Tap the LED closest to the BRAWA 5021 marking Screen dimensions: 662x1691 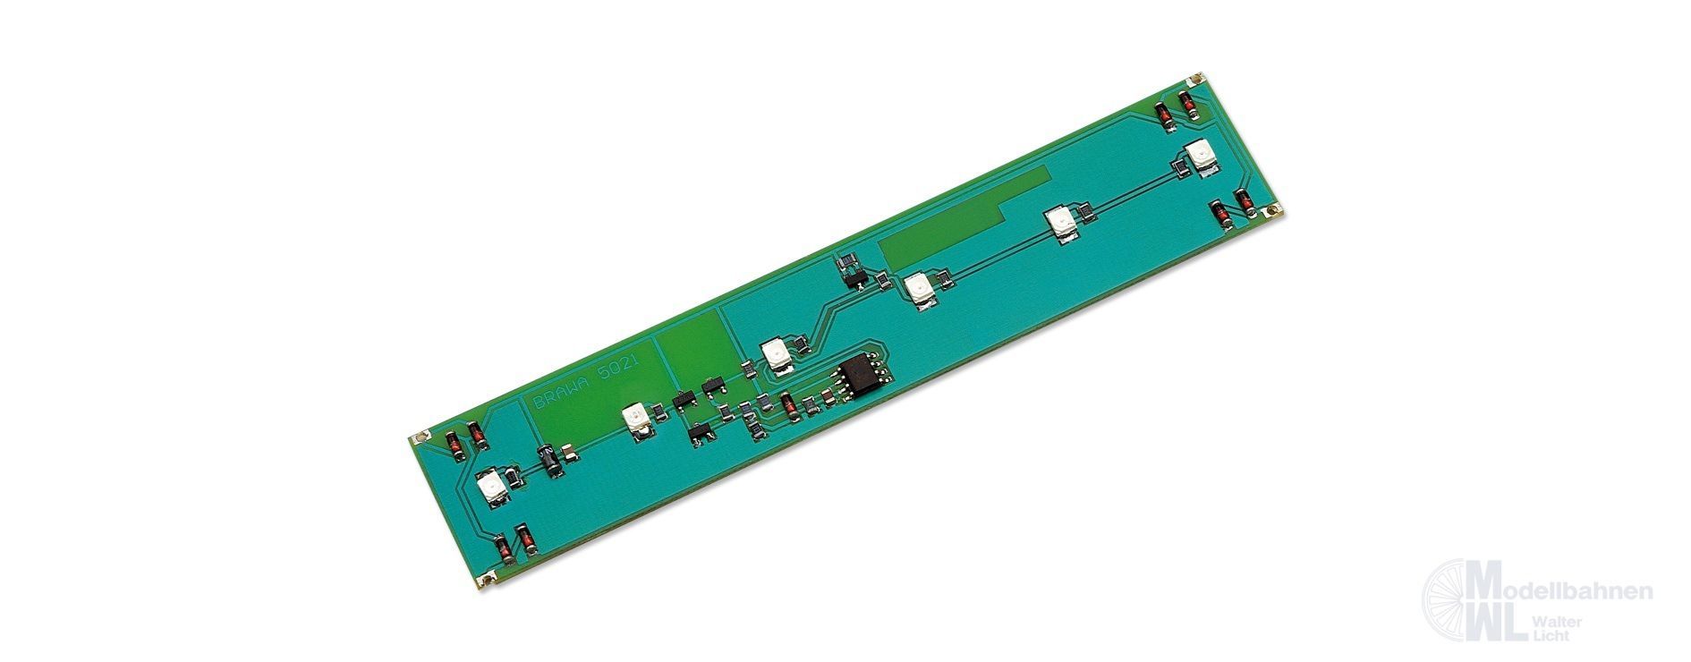(x=635, y=419)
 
